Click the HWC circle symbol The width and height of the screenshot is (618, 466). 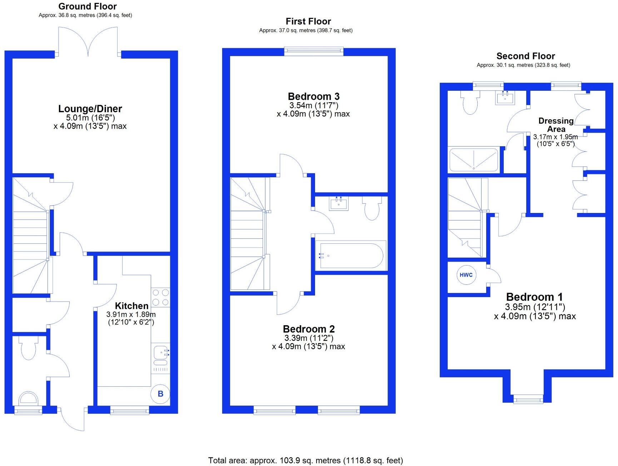pyautogui.click(x=466, y=275)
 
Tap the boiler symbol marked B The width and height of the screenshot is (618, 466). pyautogui.click(x=160, y=393)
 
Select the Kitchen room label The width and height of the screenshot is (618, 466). pyautogui.click(x=131, y=306)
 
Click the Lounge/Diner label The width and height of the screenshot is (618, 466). pyautogui.click(x=90, y=109)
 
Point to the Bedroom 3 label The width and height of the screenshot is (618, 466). pyautogui.click(x=314, y=96)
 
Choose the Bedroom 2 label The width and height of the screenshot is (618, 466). pyautogui.click(x=309, y=329)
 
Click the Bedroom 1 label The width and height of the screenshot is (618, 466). pyautogui.click(x=534, y=297)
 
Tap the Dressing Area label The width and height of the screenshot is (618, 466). pyautogui.click(x=556, y=125)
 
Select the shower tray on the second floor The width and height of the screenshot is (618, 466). pyautogui.click(x=473, y=160)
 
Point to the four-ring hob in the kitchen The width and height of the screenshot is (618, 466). pyautogui.click(x=160, y=297)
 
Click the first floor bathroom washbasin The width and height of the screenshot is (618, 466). pyautogui.click(x=339, y=204)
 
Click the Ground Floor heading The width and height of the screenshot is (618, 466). pyautogui.click(x=88, y=6)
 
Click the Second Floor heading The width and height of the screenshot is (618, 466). pyautogui.click(x=525, y=56)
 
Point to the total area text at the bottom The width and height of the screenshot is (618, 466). pyautogui.click(x=305, y=461)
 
